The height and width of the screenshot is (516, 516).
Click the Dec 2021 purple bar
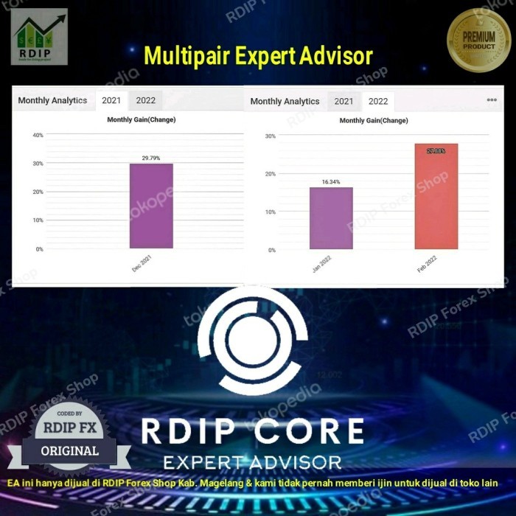coord(151,206)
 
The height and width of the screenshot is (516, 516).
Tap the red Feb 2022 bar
coord(436,196)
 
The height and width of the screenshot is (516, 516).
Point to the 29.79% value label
coord(151,158)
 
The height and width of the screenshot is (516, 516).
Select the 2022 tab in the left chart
coord(146,100)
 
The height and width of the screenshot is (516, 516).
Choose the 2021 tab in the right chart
coord(344,101)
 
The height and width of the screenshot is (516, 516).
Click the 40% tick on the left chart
coord(38,135)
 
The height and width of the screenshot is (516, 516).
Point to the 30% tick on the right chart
coord(270,136)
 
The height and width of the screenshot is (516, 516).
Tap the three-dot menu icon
coord(492,100)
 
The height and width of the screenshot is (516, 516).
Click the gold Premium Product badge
coord(478,41)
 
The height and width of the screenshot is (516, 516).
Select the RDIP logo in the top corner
coord(39,36)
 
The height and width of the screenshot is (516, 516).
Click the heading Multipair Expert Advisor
coord(258,55)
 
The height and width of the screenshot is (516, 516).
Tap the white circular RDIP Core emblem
coord(253,340)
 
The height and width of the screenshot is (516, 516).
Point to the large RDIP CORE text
coord(253,432)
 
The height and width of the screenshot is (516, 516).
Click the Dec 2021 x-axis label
coord(141,265)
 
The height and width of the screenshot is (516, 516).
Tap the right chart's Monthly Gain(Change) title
coord(374,120)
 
